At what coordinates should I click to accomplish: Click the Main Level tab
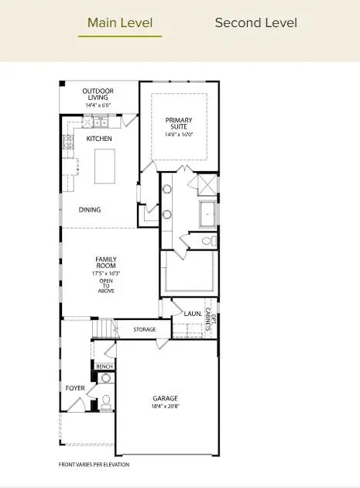120,22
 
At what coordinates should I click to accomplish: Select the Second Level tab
255,22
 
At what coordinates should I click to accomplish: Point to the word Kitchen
99,139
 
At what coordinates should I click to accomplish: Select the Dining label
90,210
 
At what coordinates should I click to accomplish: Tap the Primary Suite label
179,124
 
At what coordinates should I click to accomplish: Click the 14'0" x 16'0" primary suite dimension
179,135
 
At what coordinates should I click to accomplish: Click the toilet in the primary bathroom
206,242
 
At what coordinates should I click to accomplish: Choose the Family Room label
106,262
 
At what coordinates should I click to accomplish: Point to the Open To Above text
106,286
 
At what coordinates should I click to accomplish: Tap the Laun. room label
193,314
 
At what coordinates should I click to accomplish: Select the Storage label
144,329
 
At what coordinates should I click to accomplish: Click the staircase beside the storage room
102,331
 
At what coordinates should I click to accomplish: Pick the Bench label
105,366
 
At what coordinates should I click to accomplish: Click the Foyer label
74,388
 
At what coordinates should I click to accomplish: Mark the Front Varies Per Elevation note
94,465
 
